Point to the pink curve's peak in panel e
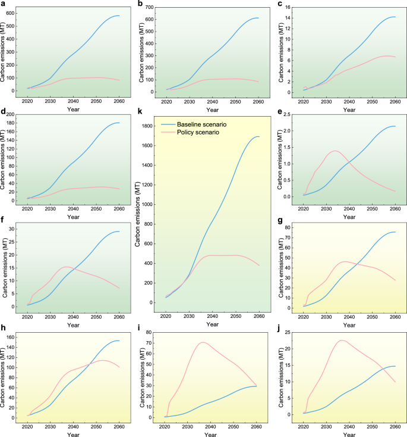pyautogui.click(x=335, y=151)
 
